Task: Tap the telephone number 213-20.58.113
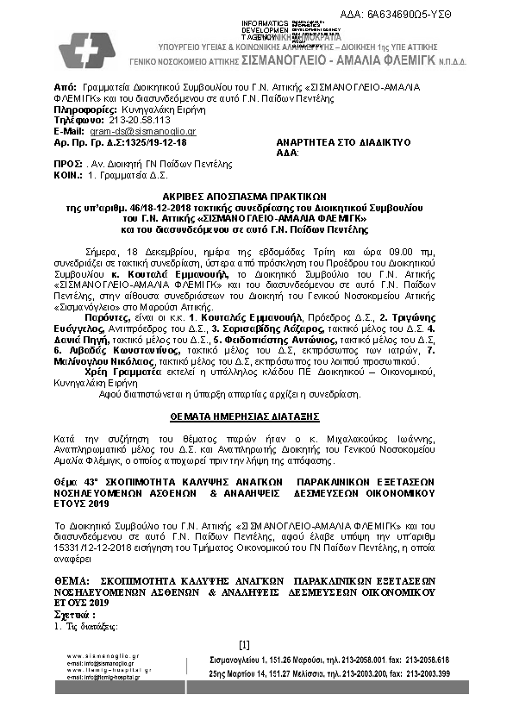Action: coord(122,122)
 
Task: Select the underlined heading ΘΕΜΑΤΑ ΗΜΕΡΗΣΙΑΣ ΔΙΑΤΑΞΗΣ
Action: coord(256,415)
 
